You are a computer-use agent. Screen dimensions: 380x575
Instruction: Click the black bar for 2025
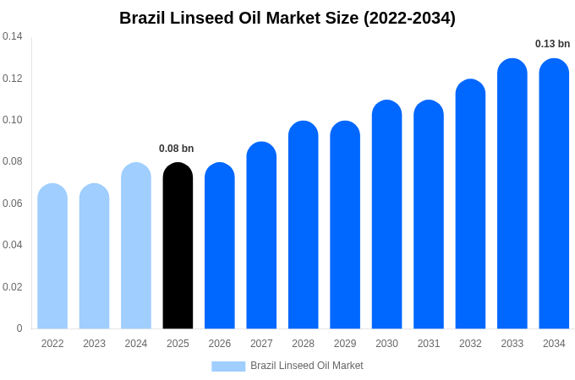click(x=178, y=246)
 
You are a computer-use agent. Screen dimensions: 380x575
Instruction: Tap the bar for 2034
click(x=554, y=193)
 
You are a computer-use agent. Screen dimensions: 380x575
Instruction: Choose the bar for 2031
click(x=429, y=214)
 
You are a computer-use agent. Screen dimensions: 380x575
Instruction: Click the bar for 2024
click(x=136, y=246)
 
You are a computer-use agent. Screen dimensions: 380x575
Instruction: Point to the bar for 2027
click(x=261, y=236)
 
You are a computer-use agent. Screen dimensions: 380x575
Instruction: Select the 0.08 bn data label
click(x=176, y=149)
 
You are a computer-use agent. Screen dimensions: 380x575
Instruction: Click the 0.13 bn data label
click(x=552, y=44)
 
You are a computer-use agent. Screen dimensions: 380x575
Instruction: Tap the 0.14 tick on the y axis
click(x=13, y=36)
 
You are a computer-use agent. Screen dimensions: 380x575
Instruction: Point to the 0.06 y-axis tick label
click(x=13, y=204)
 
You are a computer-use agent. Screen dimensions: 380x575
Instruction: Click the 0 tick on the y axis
click(x=19, y=328)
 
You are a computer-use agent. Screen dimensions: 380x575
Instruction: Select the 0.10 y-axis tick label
click(x=13, y=120)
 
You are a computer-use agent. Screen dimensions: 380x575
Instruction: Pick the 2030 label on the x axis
click(x=386, y=344)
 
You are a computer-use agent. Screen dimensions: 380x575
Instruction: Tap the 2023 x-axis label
click(x=94, y=344)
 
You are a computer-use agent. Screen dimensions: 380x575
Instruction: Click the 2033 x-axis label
click(x=512, y=344)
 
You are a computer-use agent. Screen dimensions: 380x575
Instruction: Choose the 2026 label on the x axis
click(x=220, y=344)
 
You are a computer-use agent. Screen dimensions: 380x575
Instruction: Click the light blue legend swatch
click(x=228, y=366)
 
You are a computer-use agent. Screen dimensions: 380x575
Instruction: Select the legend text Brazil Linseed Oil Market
click(x=307, y=366)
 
